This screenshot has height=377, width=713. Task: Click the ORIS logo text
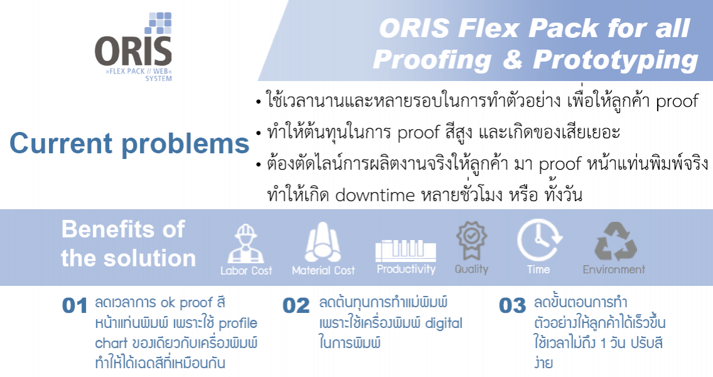pos(133,51)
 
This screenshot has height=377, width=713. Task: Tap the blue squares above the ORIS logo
pos(158,23)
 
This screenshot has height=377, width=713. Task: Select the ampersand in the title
pos(512,59)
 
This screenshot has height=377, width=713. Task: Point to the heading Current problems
pos(129,143)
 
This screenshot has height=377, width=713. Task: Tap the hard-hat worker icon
pos(245,244)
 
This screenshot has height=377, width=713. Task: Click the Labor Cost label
pos(246,270)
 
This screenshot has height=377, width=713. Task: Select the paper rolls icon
pos(323,242)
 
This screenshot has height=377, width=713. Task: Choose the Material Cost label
pos(323,270)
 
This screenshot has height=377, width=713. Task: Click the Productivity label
pos(406,269)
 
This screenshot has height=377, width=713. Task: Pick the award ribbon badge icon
pos(471,239)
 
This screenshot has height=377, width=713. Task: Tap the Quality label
pos(471,269)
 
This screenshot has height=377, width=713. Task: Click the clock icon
pos(539,240)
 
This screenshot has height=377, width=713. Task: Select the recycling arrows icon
pos(616,241)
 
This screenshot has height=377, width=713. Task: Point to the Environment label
pos(614,270)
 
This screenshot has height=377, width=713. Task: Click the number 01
pos(75,305)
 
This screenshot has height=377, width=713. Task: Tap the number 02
pos(296,305)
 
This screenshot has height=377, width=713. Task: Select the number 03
pos(512,305)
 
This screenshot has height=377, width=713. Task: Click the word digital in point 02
pos(443,323)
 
